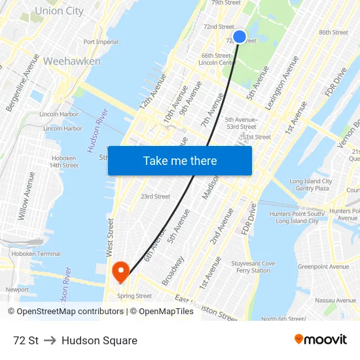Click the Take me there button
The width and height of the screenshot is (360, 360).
(x=180, y=160)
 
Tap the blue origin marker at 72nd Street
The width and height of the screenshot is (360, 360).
(x=240, y=37)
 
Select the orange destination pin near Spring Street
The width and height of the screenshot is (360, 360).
(x=121, y=271)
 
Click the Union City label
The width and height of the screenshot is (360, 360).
(x=59, y=11)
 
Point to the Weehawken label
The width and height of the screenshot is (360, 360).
(x=72, y=61)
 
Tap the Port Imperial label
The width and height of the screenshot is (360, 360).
(x=101, y=42)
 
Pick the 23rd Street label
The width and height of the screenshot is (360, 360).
(x=155, y=196)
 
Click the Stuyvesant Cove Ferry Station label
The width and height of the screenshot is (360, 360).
(x=253, y=267)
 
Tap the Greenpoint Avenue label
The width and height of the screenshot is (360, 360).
(x=323, y=266)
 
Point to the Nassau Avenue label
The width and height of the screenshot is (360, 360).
(x=335, y=300)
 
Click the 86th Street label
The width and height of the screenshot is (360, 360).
(x=333, y=32)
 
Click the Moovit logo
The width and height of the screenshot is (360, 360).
(x=320, y=339)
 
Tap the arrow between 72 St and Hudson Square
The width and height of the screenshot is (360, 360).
(x=50, y=340)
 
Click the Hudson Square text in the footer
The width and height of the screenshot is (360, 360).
(x=99, y=340)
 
